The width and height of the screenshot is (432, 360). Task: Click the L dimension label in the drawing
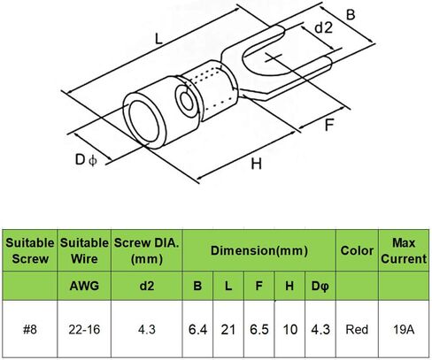pyautogui.click(x=158, y=39)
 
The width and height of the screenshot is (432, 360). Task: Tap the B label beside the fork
pyautogui.click(x=351, y=15)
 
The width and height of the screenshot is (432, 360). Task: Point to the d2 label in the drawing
pyautogui.click(x=324, y=27)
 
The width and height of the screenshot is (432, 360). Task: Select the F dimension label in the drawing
pyautogui.click(x=329, y=125)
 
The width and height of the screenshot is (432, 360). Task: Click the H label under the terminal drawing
pyautogui.click(x=256, y=164)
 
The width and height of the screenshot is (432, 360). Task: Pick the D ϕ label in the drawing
pyautogui.click(x=86, y=160)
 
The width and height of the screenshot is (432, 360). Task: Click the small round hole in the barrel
pyautogui.click(x=187, y=101)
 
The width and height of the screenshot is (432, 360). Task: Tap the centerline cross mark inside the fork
pyautogui.click(x=274, y=57)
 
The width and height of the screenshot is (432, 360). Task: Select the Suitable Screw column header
pyautogui.click(x=30, y=250)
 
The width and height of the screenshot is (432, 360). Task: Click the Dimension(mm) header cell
pyautogui.click(x=259, y=250)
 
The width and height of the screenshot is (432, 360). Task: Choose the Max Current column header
pyautogui.click(x=404, y=250)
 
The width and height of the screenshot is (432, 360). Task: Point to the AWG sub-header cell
pyautogui.click(x=84, y=286)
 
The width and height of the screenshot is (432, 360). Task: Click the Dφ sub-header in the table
pyautogui.click(x=320, y=286)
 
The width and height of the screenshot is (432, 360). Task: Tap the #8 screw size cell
pyautogui.click(x=30, y=329)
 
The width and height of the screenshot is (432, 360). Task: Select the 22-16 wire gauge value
pyautogui.click(x=84, y=329)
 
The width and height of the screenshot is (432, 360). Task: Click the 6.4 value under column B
pyautogui.click(x=197, y=329)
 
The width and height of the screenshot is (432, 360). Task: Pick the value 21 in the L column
pyautogui.click(x=228, y=329)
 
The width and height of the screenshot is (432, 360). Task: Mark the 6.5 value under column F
pyautogui.click(x=259, y=329)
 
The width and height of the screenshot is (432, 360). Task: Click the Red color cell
pyautogui.click(x=357, y=329)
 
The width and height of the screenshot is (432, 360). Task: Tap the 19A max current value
pyautogui.click(x=404, y=329)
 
